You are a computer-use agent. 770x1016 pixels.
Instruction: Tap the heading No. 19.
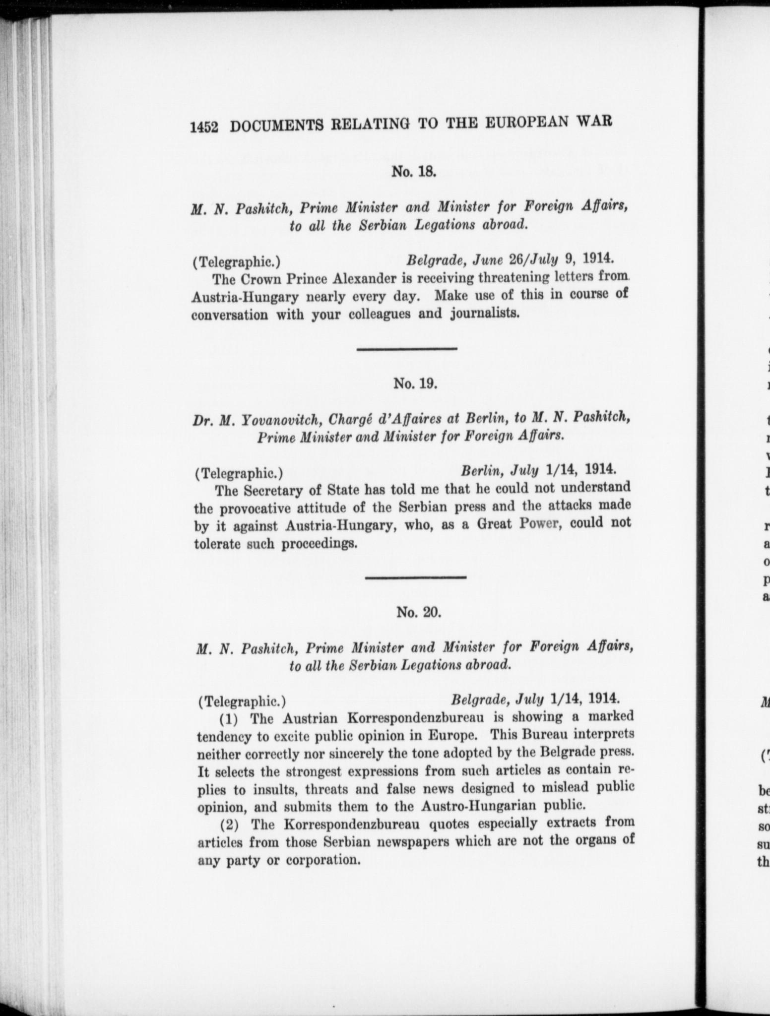click(415, 383)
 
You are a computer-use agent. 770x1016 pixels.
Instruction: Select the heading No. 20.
click(418, 612)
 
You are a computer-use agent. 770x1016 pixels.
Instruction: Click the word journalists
click(485, 314)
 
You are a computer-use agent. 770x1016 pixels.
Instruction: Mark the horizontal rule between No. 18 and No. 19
click(407, 350)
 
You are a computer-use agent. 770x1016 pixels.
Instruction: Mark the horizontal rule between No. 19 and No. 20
click(416, 577)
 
